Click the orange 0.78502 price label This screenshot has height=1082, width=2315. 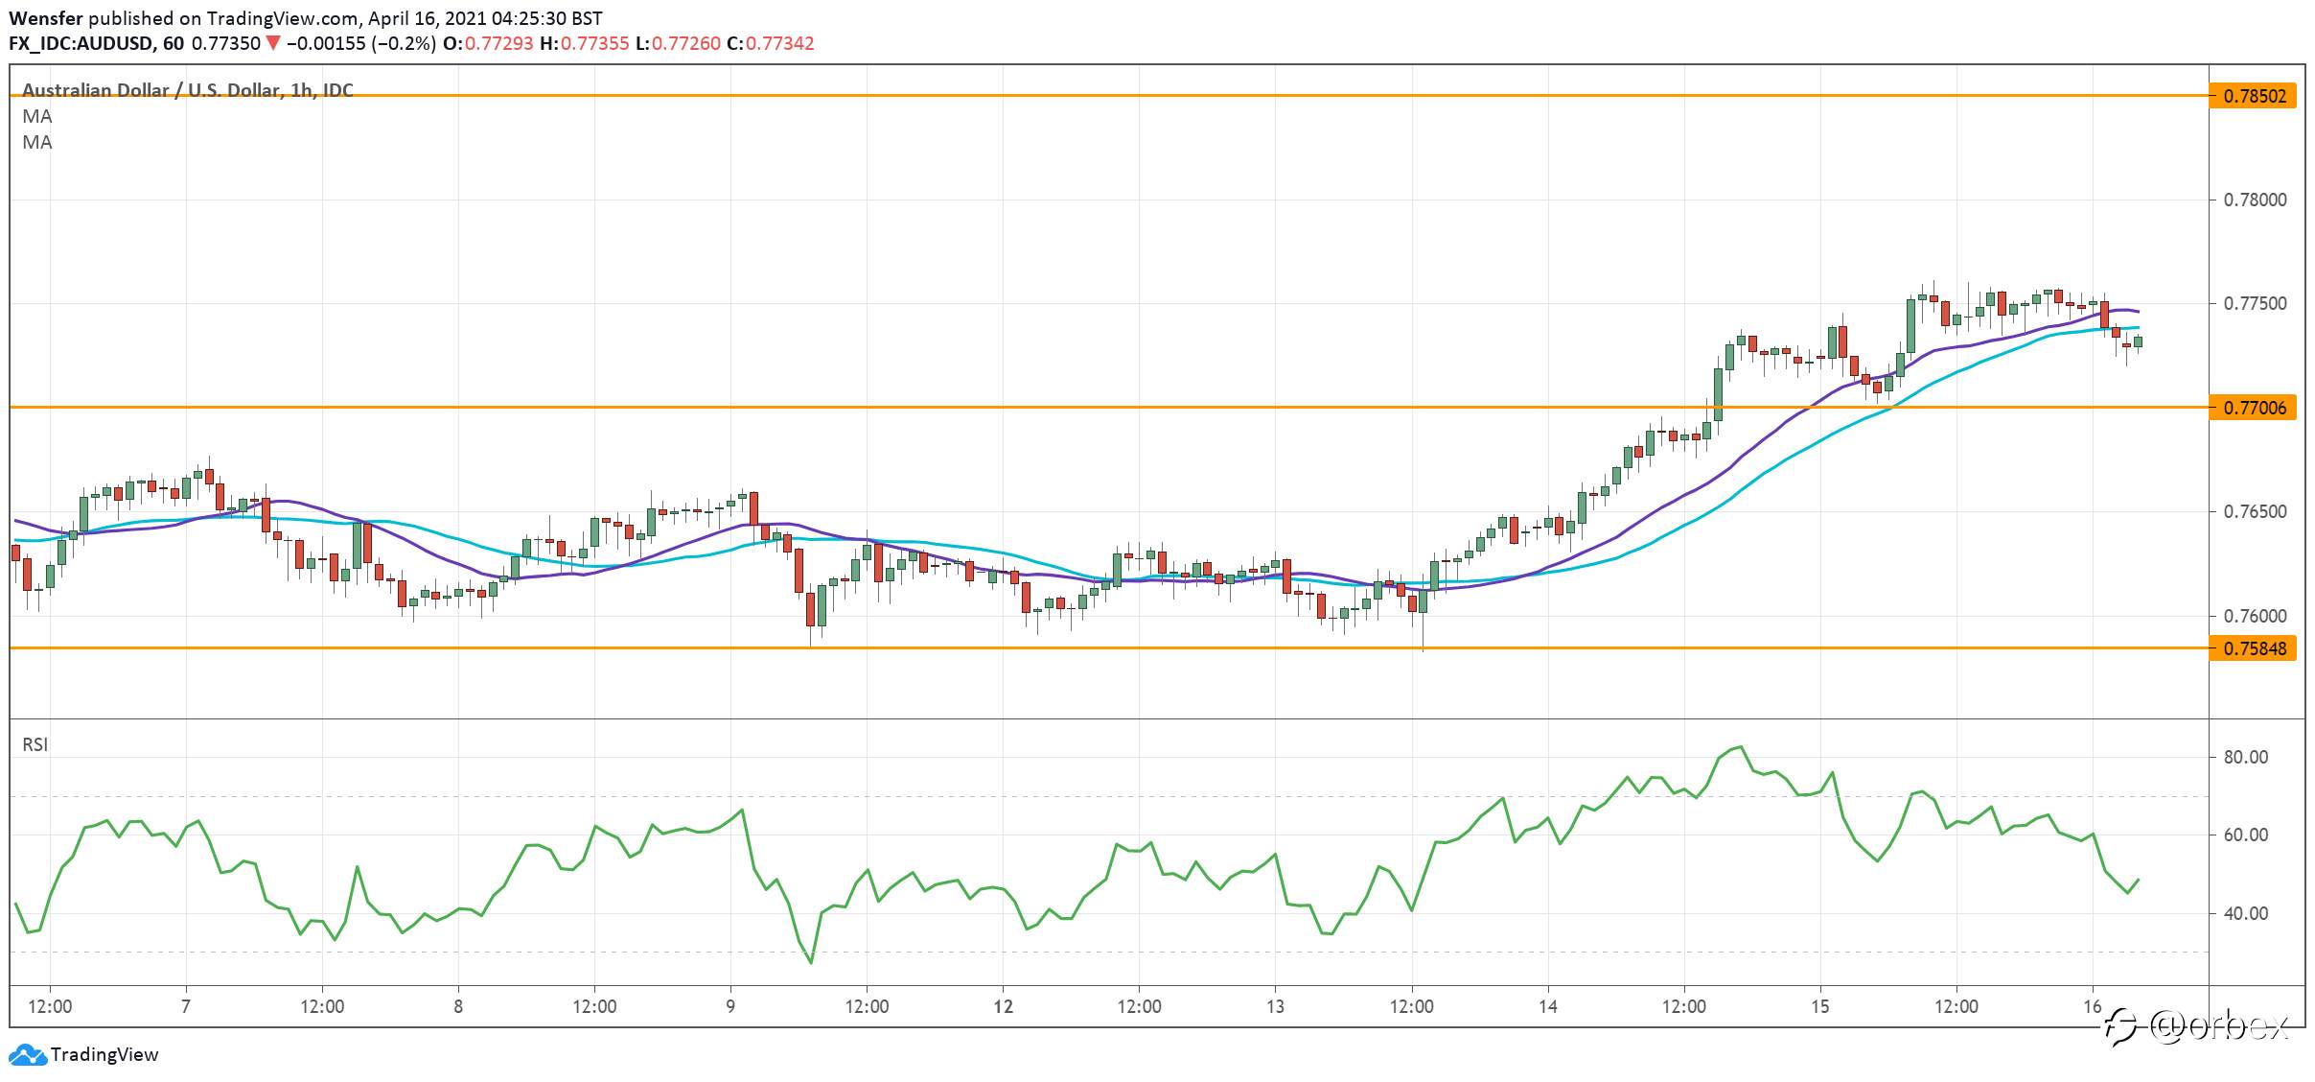coord(2253,96)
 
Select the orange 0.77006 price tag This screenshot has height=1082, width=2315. coord(2253,408)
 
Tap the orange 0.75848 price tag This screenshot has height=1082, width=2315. coord(2253,648)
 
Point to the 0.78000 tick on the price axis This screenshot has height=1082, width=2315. coord(2255,200)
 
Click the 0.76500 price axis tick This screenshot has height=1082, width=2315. coord(2255,511)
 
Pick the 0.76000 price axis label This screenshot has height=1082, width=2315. coord(2255,616)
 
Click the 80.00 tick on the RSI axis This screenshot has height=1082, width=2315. coord(2246,757)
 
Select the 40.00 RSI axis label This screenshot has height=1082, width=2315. coord(2246,913)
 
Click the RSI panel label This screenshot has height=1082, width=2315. coord(35,744)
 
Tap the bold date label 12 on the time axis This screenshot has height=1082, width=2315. coord(1003,1006)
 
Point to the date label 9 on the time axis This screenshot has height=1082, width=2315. coord(730,1006)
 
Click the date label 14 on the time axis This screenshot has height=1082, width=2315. coord(1547,1006)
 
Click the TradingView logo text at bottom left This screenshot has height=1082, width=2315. coord(104,1054)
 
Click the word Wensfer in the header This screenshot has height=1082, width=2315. coord(46,18)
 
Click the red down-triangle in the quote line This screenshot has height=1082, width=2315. coord(273,43)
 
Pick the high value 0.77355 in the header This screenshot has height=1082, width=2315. coord(595,43)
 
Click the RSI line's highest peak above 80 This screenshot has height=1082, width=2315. coord(1740,746)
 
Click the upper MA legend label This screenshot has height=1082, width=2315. coord(37,116)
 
